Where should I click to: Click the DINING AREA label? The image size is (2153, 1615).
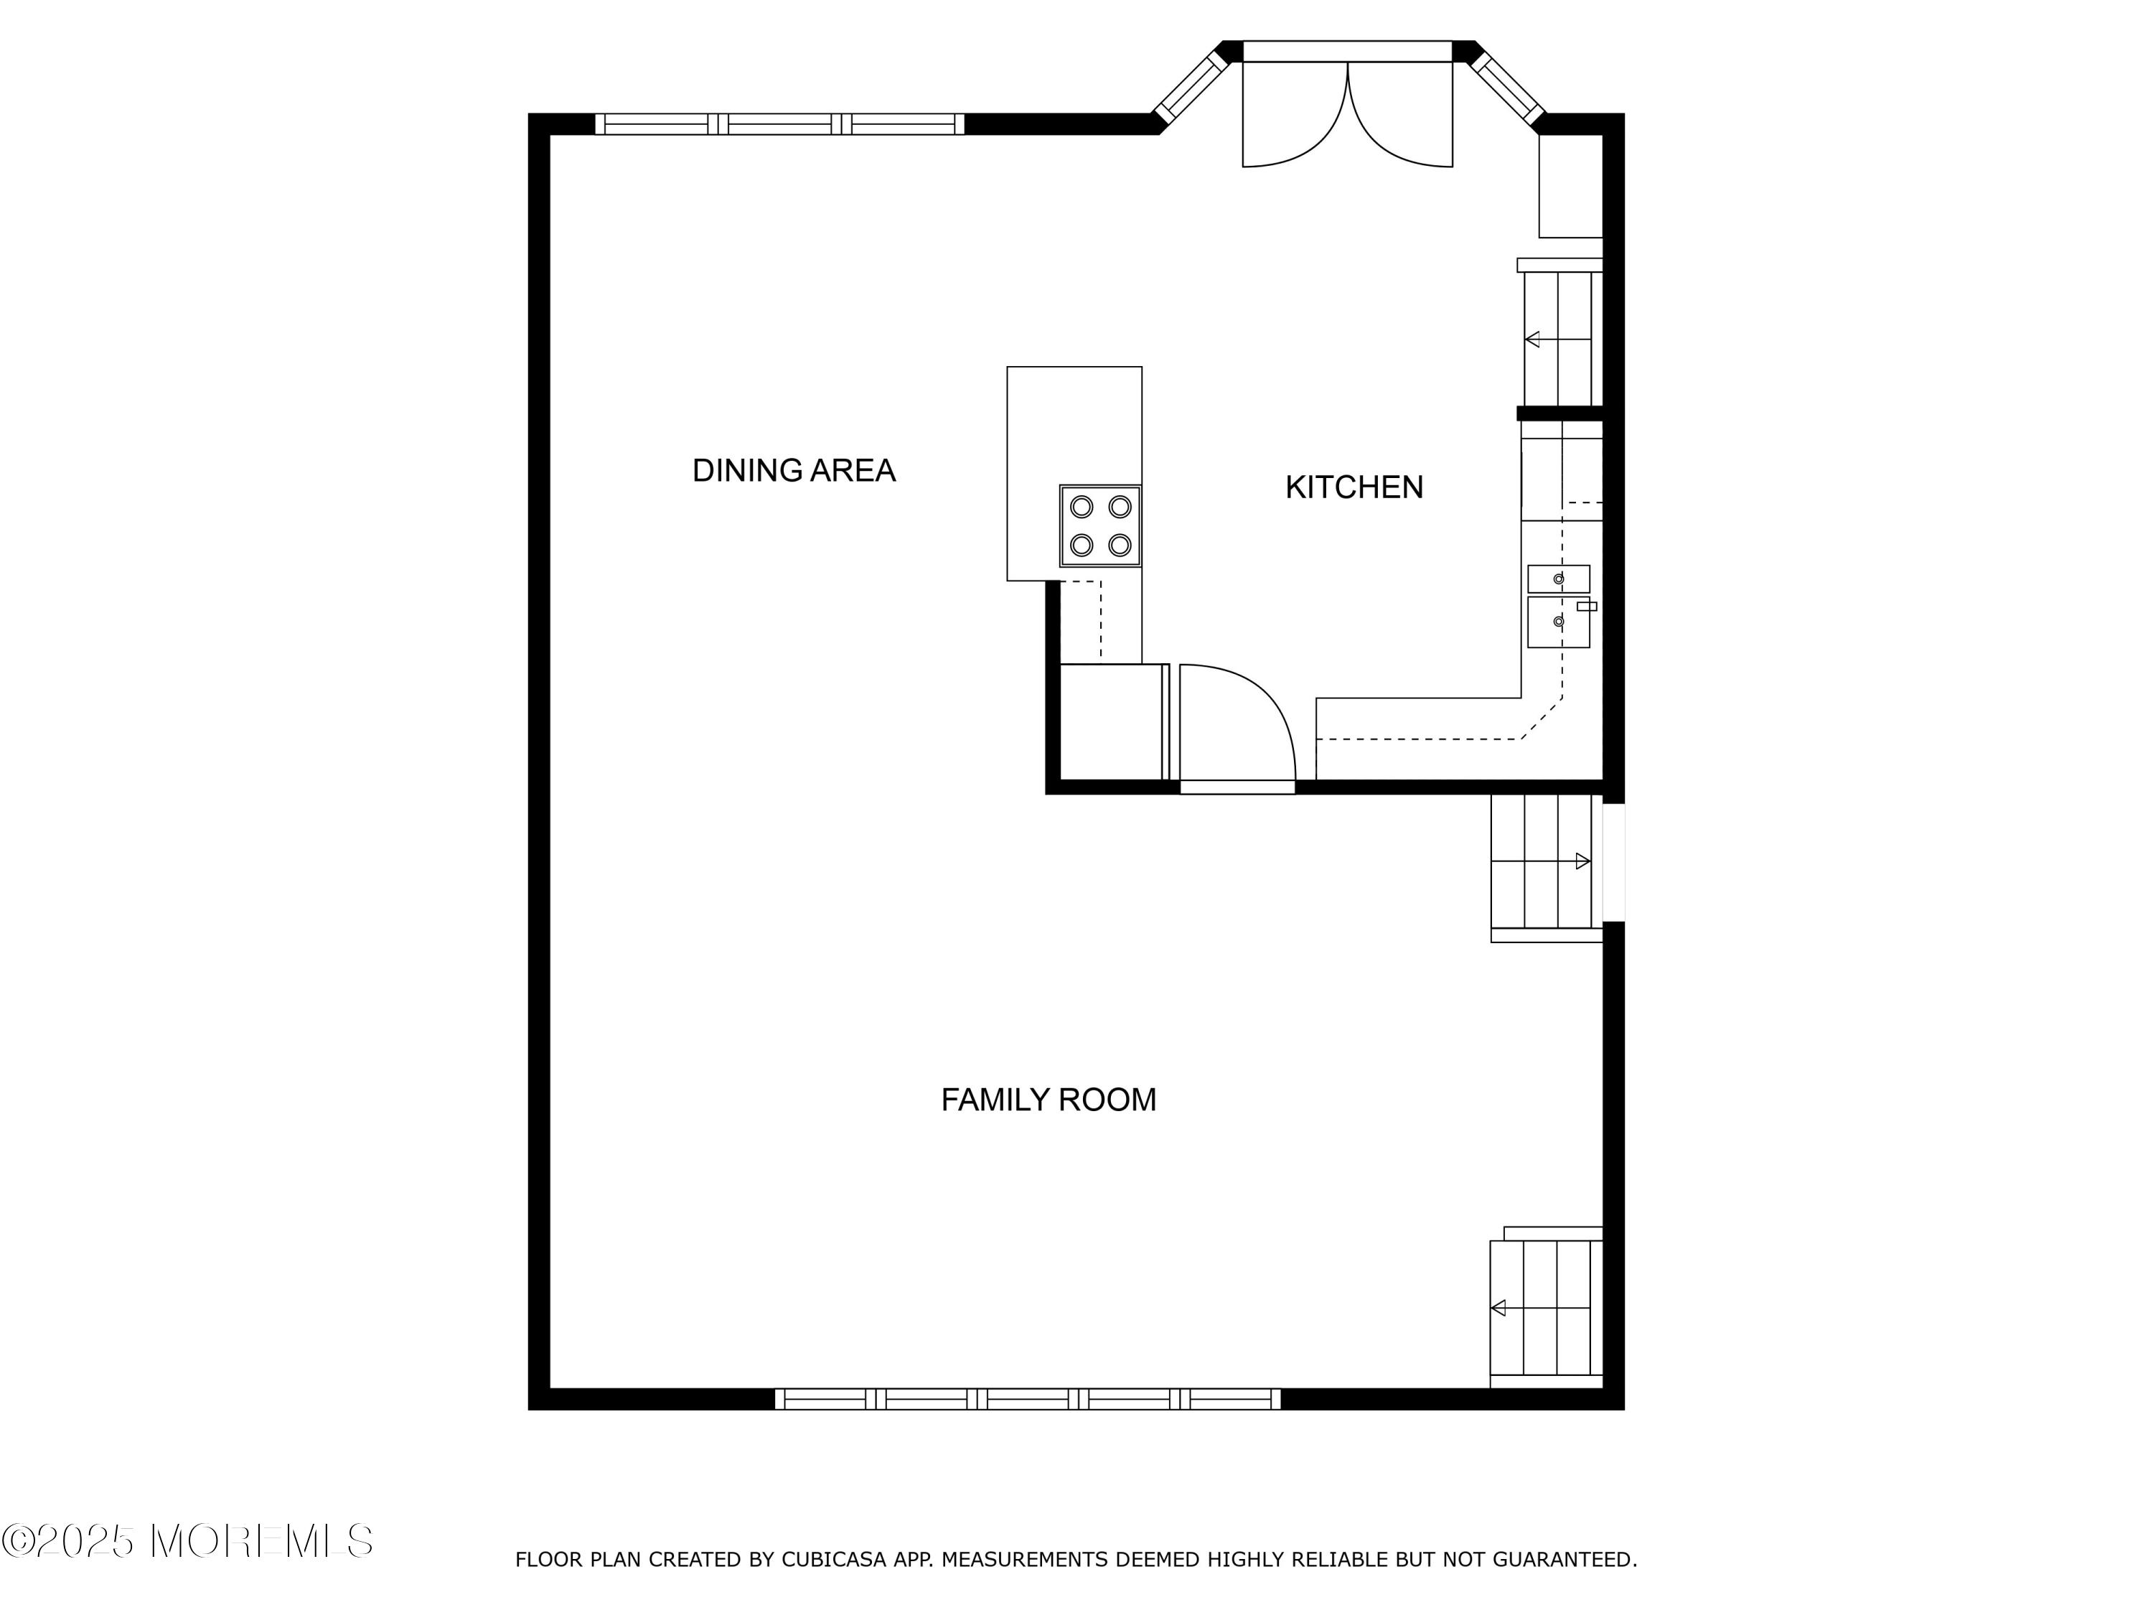click(793, 471)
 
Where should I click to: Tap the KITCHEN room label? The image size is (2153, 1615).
click(1354, 487)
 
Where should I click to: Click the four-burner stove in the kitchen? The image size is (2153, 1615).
click(1100, 525)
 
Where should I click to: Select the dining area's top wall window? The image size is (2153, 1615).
click(779, 123)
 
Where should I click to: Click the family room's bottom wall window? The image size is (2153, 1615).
click(1028, 1399)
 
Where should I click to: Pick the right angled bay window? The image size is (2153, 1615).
click(1506, 88)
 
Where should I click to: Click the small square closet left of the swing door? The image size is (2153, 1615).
click(1110, 721)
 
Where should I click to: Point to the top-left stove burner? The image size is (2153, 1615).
click(1082, 506)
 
